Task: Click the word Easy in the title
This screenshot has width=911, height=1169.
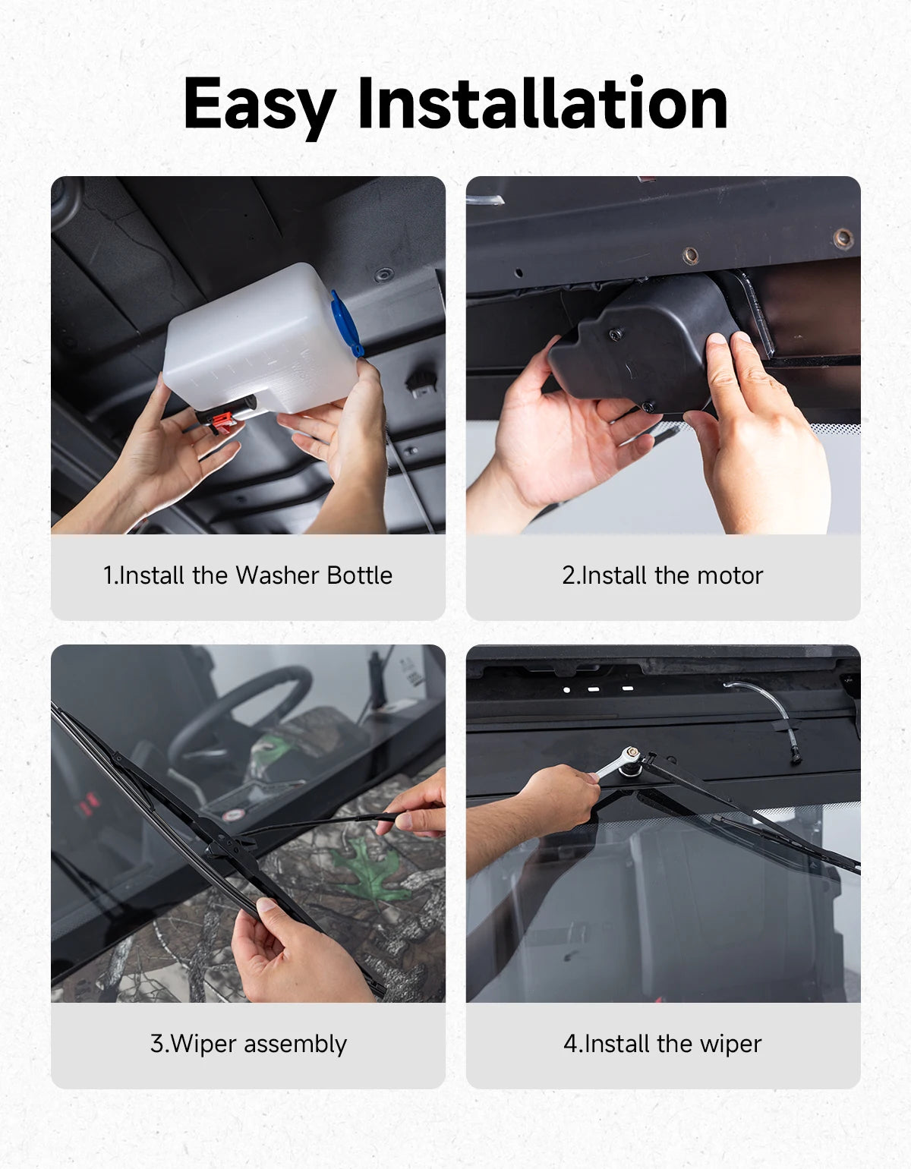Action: (260, 106)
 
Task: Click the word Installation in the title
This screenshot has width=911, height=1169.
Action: (542, 102)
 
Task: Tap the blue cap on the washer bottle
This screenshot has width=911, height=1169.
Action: (345, 323)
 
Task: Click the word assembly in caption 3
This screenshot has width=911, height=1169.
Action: (295, 1045)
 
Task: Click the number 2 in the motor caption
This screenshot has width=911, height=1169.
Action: (569, 575)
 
